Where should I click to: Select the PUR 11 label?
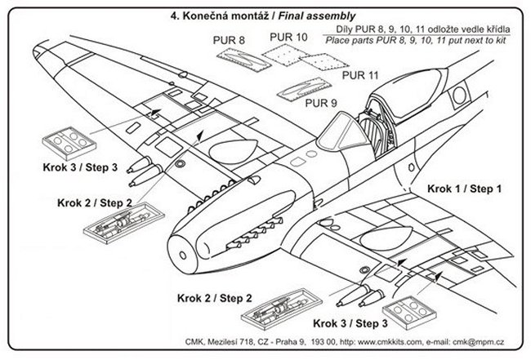360,76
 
